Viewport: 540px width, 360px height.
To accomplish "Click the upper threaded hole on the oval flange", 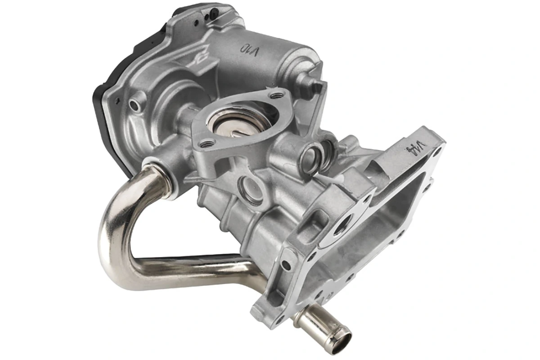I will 276,95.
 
